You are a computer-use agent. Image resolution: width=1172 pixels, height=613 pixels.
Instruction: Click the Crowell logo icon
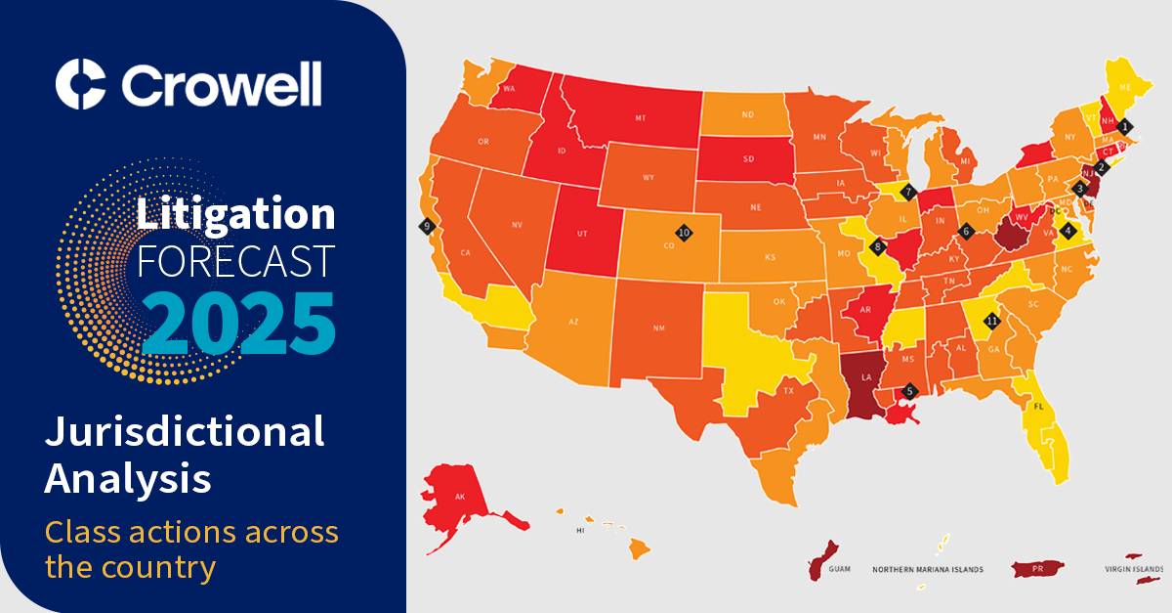tap(80, 84)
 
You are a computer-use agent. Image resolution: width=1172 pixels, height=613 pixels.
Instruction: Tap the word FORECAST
tap(236, 260)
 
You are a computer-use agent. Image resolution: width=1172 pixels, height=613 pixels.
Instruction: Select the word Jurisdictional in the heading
tap(185, 431)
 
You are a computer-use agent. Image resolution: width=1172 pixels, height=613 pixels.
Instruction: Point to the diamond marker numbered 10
tap(684, 233)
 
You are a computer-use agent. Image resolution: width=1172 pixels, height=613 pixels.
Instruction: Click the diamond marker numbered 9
tap(426, 226)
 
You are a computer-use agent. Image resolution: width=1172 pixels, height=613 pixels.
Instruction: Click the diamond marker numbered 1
tap(1125, 126)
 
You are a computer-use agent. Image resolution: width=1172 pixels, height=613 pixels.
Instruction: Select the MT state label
tap(641, 117)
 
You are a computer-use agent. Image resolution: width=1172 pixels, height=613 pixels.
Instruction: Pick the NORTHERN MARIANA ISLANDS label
tap(927, 569)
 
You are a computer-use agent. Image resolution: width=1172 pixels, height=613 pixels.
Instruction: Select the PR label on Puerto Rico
tap(1039, 568)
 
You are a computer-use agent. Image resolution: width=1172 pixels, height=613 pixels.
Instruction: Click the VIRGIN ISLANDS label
tap(1133, 569)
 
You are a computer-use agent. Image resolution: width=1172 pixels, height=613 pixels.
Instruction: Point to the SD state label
tap(748, 158)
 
